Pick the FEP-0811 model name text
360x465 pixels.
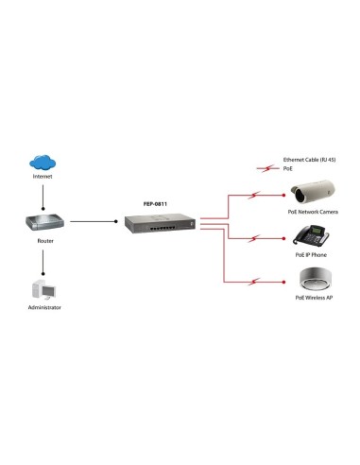(154, 204)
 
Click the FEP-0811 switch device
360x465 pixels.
(159, 225)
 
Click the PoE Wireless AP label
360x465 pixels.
(313, 298)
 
